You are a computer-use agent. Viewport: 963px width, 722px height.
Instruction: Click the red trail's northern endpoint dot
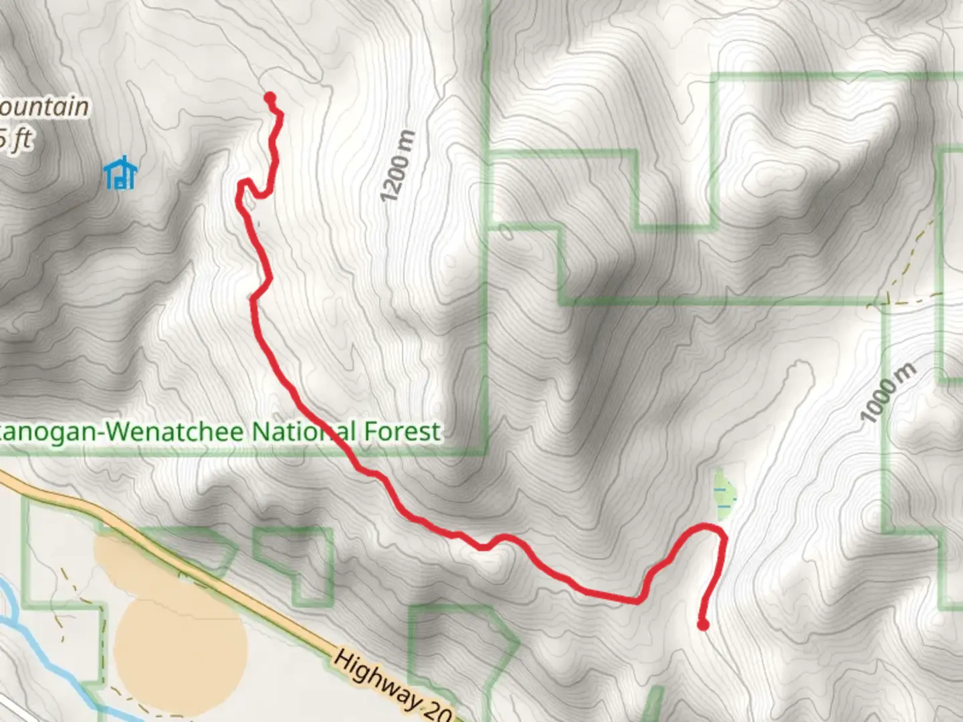pos(270,98)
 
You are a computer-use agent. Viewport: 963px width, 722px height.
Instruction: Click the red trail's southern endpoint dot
pos(703,625)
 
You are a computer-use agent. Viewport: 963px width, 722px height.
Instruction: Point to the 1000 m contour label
pos(887,394)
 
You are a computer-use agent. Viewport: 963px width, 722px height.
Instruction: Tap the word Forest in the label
pos(402,431)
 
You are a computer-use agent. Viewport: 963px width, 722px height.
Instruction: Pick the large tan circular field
pos(181,645)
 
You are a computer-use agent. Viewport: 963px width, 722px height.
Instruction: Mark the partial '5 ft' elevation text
pos(16,139)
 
